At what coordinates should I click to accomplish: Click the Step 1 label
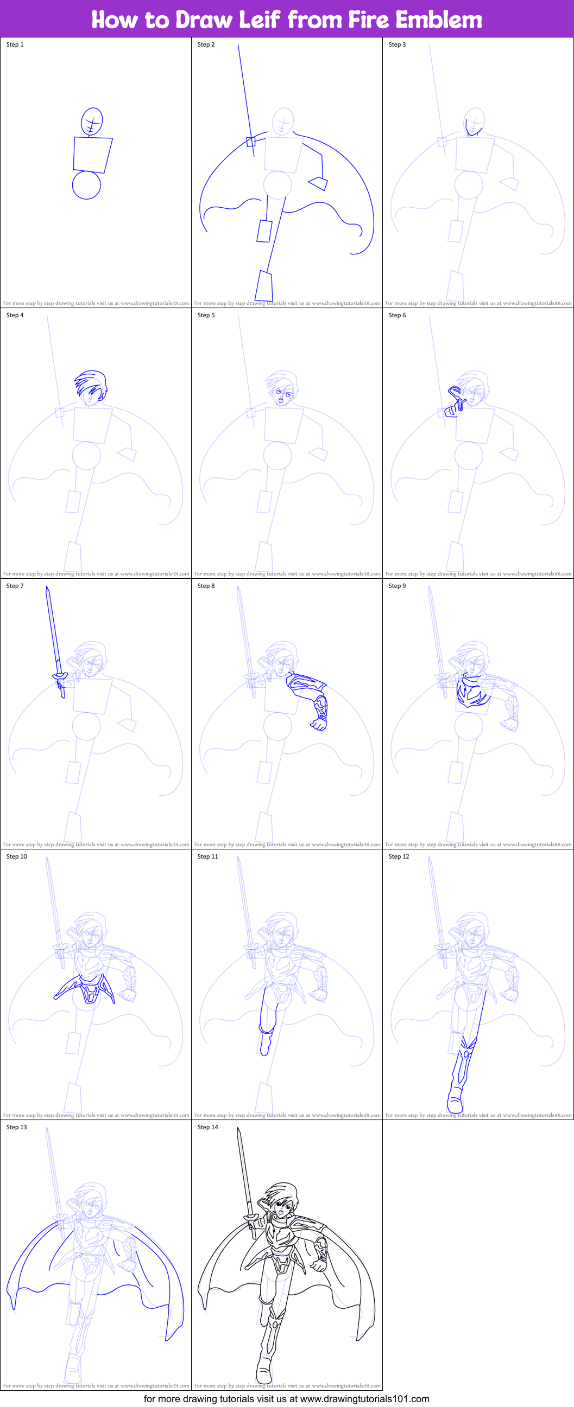tap(15, 44)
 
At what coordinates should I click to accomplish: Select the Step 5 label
tap(206, 315)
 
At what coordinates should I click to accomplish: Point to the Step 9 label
tap(398, 585)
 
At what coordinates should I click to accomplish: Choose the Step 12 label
tap(399, 856)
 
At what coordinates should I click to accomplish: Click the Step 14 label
tap(208, 1127)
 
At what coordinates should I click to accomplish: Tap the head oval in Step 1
tap(92, 121)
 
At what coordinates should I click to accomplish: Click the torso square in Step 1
tap(92, 155)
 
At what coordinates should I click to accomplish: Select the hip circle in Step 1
tap(86, 185)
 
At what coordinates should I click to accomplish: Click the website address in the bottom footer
tap(364, 1398)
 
